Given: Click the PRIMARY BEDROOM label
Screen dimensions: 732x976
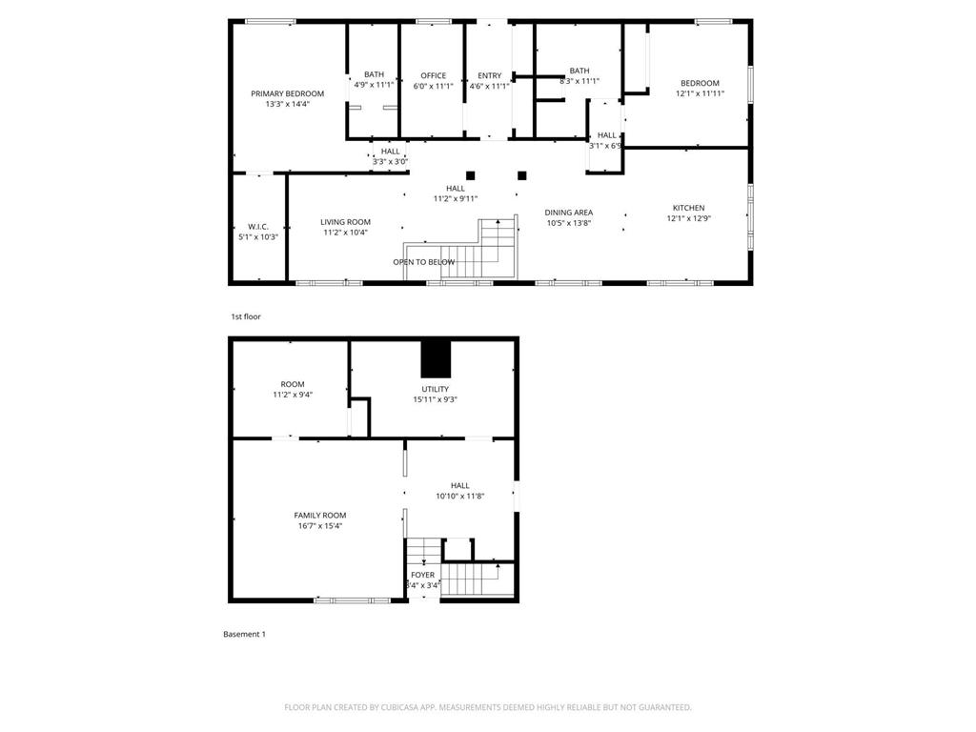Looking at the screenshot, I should click(x=287, y=93).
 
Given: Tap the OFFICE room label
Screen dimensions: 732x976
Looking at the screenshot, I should click(x=433, y=76).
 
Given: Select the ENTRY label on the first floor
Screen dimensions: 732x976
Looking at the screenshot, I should click(x=489, y=76).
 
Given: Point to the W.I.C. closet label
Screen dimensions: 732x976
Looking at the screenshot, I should click(x=257, y=226).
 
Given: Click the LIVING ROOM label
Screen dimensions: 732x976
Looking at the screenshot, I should click(x=345, y=222).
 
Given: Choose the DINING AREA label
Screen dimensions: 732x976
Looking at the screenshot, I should click(x=568, y=213).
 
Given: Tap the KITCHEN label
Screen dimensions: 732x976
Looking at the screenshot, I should click(x=688, y=208).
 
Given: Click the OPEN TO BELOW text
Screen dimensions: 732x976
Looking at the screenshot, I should click(x=423, y=262).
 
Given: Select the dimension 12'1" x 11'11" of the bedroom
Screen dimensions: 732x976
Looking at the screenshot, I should click(x=700, y=93).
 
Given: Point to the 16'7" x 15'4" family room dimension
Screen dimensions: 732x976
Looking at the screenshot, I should click(x=319, y=525).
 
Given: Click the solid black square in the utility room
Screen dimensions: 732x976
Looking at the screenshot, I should click(x=435, y=358).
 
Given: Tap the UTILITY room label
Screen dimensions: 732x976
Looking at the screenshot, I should click(x=435, y=389).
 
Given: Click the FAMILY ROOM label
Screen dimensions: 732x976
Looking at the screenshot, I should click(x=319, y=515).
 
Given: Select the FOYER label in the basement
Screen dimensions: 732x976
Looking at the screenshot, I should click(x=422, y=575).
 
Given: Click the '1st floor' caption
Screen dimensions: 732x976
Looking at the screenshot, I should click(x=245, y=316).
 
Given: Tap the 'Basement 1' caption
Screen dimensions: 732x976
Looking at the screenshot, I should click(x=244, y=634).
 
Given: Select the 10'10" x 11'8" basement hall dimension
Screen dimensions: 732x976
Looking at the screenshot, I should click(x=460, y=496).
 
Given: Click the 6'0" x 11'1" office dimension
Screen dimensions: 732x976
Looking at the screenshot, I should click(x=433, y=86).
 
